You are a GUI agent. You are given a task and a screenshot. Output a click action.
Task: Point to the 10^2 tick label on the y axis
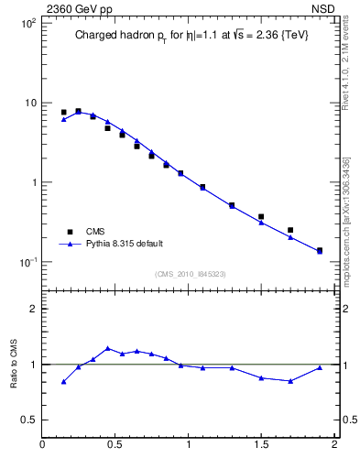(27, 23)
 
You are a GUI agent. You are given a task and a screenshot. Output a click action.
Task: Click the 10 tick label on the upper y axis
(29, 103)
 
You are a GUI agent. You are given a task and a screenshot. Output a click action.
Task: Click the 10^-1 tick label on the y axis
(27, 262)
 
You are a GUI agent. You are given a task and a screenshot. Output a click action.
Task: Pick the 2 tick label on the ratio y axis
(32, 309)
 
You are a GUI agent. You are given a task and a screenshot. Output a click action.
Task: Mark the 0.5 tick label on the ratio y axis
(28, 420)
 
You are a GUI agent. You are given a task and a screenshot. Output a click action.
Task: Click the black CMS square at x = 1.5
(261, 217)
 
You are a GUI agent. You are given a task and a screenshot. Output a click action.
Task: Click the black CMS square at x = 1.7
(290, 230)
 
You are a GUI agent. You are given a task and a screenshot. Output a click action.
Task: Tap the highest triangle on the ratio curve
(108, 348)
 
